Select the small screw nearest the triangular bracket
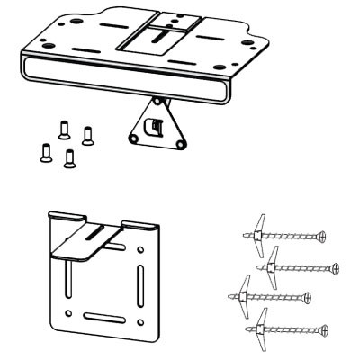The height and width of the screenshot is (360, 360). pyautogui.click(x=87, y=135)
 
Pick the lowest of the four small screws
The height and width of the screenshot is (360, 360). pyautogui.click(x=69, y=159)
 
